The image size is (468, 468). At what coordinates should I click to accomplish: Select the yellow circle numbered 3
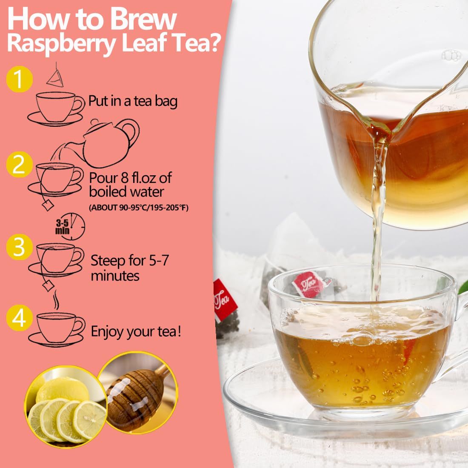coord(20,248)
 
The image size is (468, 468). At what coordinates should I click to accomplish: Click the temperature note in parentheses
coord(138,207)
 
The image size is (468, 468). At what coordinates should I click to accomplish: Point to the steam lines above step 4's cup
coord(55,302)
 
